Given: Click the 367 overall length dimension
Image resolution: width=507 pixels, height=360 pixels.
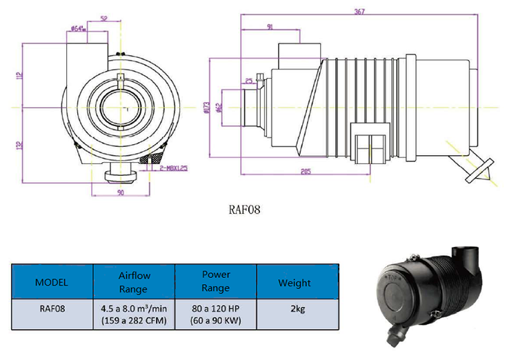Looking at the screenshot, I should point(359,11).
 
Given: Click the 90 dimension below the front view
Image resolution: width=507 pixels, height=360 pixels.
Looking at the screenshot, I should point(121,193).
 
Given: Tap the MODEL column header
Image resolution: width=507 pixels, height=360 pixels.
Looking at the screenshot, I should point(52,282).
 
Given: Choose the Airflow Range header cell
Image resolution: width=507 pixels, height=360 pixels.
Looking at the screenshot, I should point(134,282).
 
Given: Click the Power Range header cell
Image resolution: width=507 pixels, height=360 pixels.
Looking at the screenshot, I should point(216,282).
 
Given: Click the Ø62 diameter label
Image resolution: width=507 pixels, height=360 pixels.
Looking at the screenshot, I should point(219,108).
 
